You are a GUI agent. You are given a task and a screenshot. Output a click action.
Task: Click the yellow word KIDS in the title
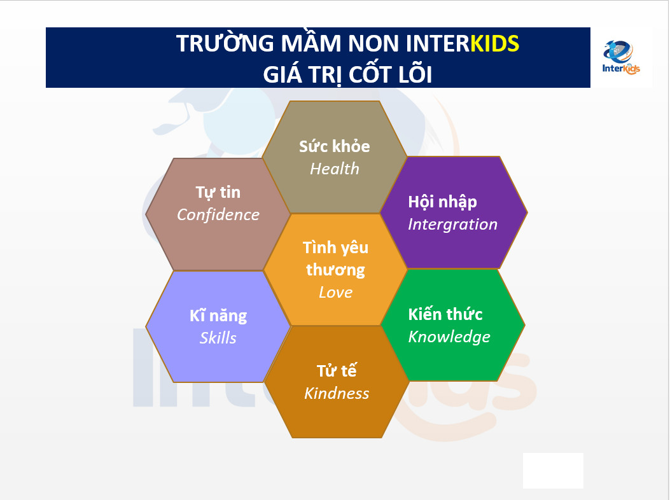[x=494, y=43]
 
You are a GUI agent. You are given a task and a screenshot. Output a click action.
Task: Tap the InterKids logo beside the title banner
[x=621, y=57]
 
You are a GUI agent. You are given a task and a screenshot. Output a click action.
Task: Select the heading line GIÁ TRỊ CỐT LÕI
[x=347, y=74]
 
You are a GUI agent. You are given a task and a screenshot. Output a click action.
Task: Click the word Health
[x=335, y=169]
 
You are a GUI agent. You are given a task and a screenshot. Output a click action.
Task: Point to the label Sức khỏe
[x=335, y=146]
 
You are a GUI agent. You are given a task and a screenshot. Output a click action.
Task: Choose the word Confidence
[x=218, y=214]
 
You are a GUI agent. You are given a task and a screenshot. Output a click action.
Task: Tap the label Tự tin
[x=218, y=192]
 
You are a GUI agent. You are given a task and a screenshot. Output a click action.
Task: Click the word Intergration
[x=452, y=225]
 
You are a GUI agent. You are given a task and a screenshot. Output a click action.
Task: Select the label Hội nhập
[x=442, y=202]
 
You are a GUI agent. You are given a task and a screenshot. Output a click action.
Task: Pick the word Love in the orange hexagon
[x=335, y=293]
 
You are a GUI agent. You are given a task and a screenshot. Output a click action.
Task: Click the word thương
[x=335, y=270]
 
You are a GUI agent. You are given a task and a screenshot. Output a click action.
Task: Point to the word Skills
[x=218, y=338]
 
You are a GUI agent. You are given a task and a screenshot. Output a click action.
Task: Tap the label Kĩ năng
[x=218, y=316]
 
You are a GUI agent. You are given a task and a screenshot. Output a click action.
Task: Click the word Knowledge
[x=449, y=337]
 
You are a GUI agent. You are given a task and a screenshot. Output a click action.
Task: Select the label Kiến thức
[x=445, y=314]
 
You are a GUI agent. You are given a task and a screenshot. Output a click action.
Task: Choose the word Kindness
[x=337, y=393]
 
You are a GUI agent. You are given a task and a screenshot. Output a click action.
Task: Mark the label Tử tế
[x=337, y=370]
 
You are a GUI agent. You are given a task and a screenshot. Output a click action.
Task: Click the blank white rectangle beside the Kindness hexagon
[x=553, y=471]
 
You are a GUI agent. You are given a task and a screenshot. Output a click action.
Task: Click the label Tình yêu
[x=335, y=248]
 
